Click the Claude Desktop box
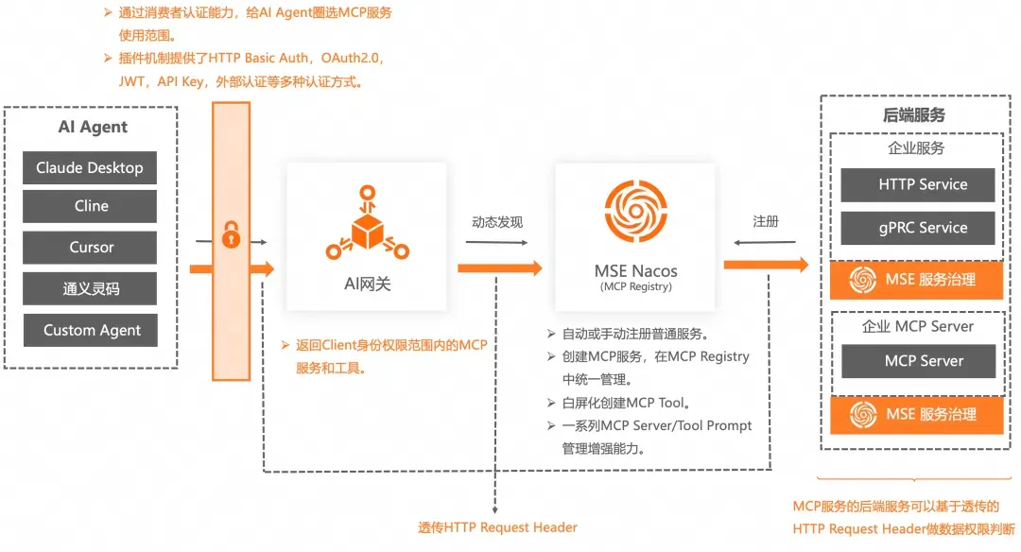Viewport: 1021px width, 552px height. [x=90, y=168]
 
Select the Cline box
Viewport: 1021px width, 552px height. [x=90, y=206]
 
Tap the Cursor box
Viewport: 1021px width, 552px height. [x=90, y=248]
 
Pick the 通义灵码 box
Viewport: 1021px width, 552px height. [x=90, y=288]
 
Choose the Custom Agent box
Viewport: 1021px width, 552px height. [x=91, y=330]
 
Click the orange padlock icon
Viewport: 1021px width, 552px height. [x=232, y=235]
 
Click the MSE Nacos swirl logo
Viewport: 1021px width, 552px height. [x=635, y=211]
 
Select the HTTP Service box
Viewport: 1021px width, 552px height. [x=917, y=185]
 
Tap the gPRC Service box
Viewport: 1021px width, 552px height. [x=917, y=228]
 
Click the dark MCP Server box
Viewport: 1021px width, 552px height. [x=918, y=361]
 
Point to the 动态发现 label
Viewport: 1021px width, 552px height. [x=497, y=222]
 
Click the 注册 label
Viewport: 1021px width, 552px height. [x=766, y=221]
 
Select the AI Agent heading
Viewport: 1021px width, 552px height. [x=93, y=127]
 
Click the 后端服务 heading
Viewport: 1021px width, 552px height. [x=913, y=115]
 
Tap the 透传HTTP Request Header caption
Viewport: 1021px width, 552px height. [x=497, y=527]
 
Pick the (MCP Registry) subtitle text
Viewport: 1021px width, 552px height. [x=635, y=286]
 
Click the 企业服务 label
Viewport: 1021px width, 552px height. [x=916, y=148]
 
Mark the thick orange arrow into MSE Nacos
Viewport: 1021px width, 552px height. [x=500, y=268]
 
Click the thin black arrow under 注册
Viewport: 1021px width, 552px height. [x=765, y=242]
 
